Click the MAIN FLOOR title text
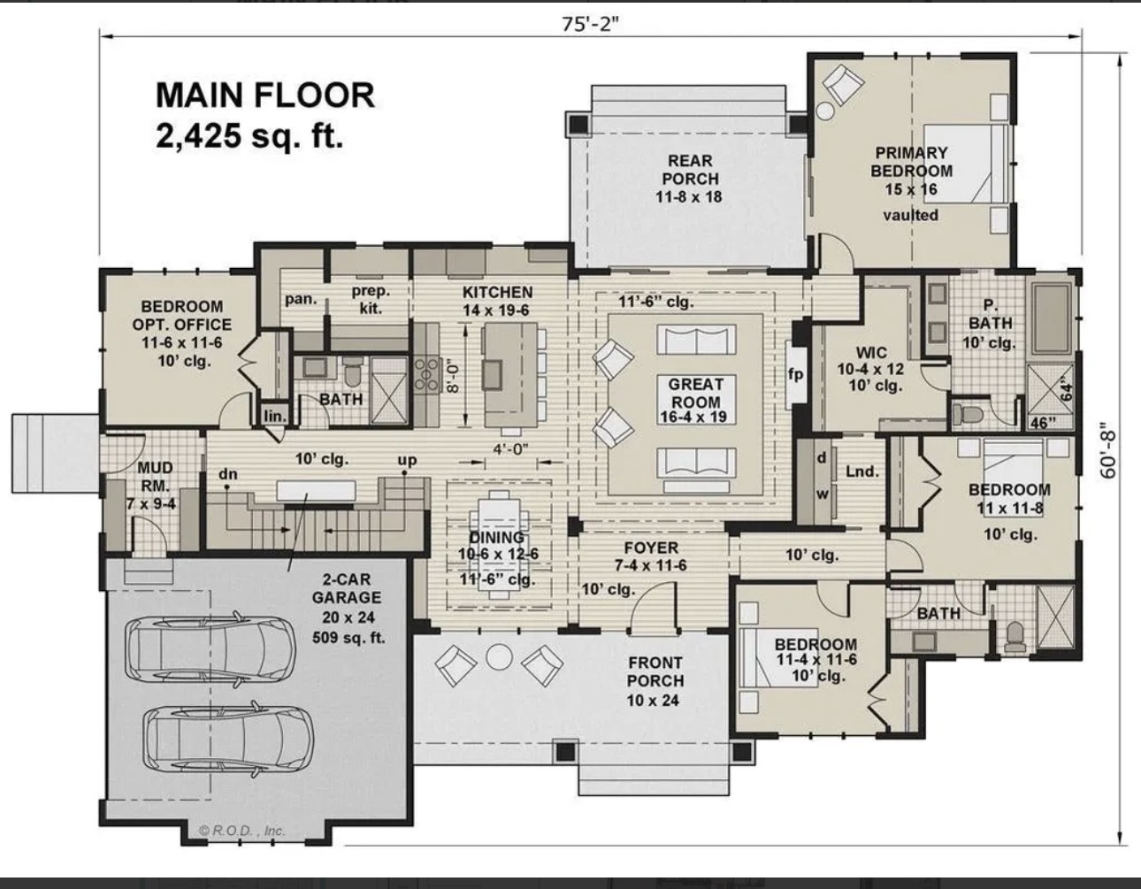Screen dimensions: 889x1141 click(265, 96)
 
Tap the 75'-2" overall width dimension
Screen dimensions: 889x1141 click(590, 23)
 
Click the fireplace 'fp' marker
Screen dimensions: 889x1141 click(795, 374)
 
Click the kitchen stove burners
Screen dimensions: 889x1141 click(426, 373)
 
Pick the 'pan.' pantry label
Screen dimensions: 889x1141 click(301, 299)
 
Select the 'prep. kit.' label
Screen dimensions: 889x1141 click(371, 299)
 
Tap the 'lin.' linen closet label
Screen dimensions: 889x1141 click(274, 416)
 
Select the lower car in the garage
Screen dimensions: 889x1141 click(228, 740)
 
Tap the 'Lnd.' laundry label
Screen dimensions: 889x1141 click(861, 471)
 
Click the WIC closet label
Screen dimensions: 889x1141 click(870, 353)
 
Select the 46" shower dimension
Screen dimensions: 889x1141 click(1044, 423)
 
